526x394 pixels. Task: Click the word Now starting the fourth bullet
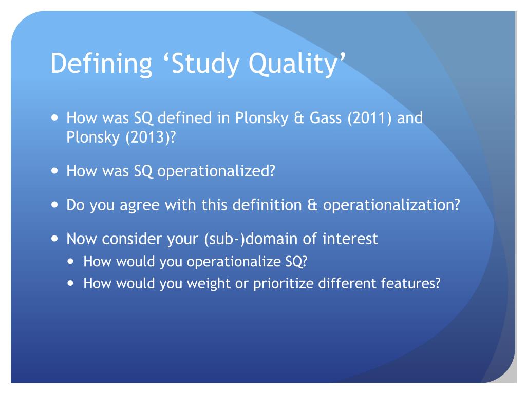[x=82, y=239]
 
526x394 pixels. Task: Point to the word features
[x=412, y=284]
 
